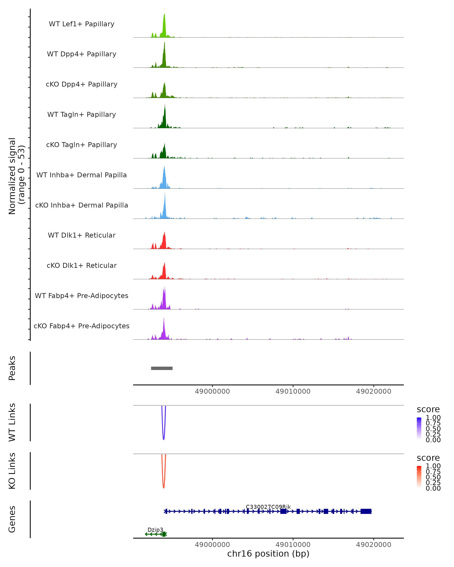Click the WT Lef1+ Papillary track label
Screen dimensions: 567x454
tap(82, 24)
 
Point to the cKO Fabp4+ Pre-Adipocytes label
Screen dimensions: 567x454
tap(82, 326)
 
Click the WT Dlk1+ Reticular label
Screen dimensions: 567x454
tap(82, 235)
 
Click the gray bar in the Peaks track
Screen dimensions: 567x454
tap(162, 368)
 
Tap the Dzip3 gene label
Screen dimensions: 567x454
tap(155, 530)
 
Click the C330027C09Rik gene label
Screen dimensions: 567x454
tap(268, 507)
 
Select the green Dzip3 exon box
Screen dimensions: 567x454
tap(164, 534)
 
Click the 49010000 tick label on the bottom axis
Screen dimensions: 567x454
tap(293, 545)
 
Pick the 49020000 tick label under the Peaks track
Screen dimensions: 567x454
tap(373, 391)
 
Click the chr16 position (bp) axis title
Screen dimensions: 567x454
tap(268, 554)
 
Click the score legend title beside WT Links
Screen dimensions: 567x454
tap(428, 409)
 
